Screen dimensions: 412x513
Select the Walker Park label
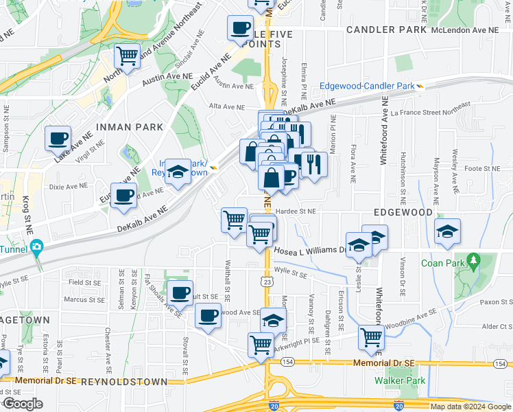coord(400,380)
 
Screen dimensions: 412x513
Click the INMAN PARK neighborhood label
coord(130,127)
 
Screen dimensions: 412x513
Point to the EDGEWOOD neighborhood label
coord(403,212)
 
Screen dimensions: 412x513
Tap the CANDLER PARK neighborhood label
coord(386,30)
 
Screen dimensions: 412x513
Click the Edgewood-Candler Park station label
coord(367,86)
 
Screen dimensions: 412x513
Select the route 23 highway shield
coord(266,282)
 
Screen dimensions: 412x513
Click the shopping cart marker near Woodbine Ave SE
coord(371,336)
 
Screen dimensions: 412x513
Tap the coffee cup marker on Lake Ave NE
coord(58,138)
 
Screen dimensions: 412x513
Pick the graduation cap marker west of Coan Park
coord(447,231)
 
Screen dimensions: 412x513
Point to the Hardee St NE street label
coord(296,211)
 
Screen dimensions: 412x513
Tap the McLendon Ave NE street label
coord(470,30)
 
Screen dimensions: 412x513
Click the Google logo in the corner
coord(22,404)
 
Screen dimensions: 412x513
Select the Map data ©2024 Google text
coord(470,407)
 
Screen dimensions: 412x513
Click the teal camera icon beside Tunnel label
coord(37,246)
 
